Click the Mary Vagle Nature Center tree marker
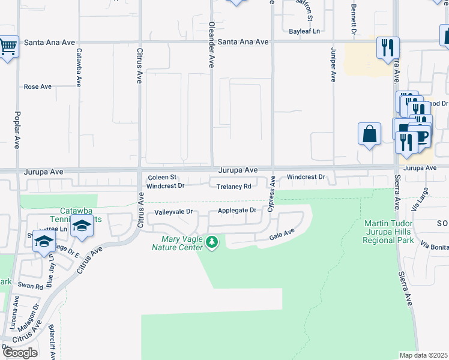[x=211, y=242]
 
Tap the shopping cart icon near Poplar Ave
[x=8, y=46]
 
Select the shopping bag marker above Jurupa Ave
[x=370, y=134]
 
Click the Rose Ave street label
[x=38, y=86]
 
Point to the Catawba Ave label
[x=79, y=66]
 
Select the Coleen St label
[x=162, y=177]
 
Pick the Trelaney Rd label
[x=234, y=186]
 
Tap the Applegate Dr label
[x=237, y=210]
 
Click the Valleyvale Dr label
[x=173, y=212]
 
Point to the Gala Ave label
[x=282, y=234]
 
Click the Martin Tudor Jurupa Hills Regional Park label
[x=389, y=232]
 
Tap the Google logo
[x=20, y=352]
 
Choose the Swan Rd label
[x=30, y=286]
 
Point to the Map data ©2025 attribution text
[x=424, y=355]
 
